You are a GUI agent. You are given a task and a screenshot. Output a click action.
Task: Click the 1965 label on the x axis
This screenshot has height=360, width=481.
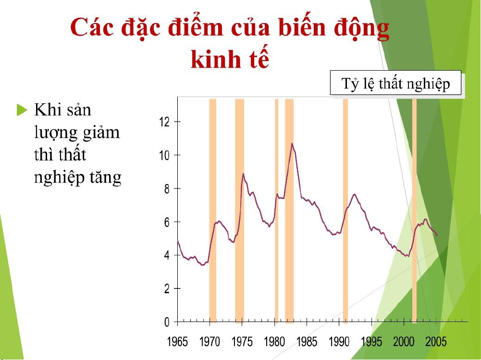tap(177, 342)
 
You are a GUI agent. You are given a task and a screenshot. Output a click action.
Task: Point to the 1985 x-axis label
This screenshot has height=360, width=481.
tap(307, 342)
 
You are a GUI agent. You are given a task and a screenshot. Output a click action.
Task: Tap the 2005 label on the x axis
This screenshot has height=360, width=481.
tap(436, 342)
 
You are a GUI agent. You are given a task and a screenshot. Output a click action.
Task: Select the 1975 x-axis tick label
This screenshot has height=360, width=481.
tap(242, 342)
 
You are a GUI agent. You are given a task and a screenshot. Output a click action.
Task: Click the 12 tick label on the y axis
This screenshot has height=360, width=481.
tap(164, 122)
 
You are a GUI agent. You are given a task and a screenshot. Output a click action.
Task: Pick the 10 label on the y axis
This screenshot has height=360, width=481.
tap(164, 155)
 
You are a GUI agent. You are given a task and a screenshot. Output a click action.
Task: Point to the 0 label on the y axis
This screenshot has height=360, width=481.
tap(167, 322)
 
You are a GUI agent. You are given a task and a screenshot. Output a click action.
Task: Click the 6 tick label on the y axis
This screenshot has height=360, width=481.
tap(167, 222)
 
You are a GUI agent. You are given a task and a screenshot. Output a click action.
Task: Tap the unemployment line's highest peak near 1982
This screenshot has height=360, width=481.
tap(292, 143)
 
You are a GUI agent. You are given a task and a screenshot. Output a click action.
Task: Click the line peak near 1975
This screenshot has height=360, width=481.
tap(243, 174)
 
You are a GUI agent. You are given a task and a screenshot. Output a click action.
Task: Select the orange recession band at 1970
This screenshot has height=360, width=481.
tap(212, 211)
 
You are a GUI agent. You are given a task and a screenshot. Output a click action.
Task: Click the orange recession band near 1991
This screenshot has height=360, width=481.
tap(345, 211)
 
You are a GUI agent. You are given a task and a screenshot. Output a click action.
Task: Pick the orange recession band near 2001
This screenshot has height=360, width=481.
tap(414, 211)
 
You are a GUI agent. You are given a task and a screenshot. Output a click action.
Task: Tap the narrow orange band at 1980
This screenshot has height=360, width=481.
tap(276, 211)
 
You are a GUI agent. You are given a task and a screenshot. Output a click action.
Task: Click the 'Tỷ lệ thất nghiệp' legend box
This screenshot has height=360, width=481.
tap(395, 83)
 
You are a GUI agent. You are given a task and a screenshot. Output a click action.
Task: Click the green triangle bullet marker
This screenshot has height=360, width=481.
tap(22, 110)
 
